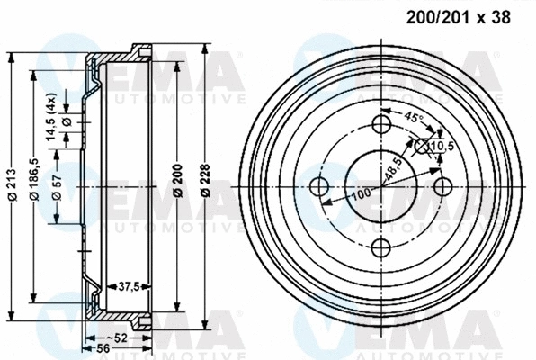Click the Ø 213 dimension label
click(12, 185)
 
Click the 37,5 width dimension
click(130, 287)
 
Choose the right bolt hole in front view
click(442, 186)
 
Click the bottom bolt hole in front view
click(381, 248)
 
